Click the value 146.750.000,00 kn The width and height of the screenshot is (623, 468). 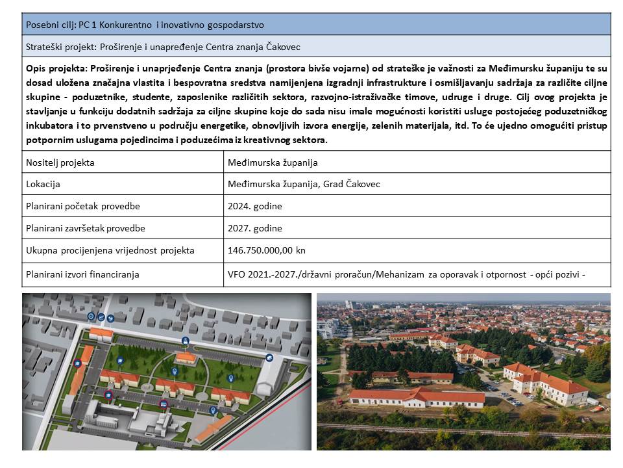coord(265,250)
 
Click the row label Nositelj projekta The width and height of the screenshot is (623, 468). coord(60,162)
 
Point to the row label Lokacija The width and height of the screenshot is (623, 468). coord(43,184)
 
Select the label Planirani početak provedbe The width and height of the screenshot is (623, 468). coord(83,206)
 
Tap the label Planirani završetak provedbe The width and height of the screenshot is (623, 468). coord(86,228)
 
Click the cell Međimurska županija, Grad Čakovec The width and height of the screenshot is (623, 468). coord(304,184)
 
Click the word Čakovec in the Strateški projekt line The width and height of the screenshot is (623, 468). coord(282,47)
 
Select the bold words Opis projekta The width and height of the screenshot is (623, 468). coord(56,68)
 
